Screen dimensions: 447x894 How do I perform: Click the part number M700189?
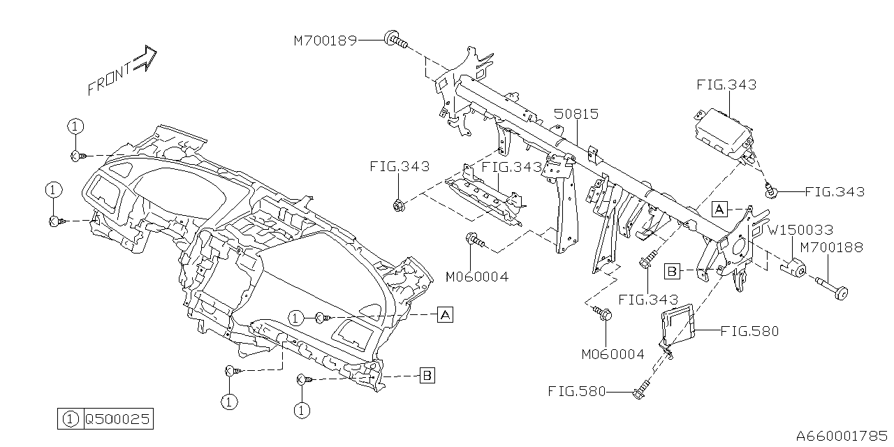325,41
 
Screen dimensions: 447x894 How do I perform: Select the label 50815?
576,114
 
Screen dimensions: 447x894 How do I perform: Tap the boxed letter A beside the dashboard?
445,315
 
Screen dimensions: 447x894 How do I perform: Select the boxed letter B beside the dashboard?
427,376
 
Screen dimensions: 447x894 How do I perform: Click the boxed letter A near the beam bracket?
720,207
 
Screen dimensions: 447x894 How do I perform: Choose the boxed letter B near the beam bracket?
672,270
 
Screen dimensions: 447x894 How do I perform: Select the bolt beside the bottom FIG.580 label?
642,391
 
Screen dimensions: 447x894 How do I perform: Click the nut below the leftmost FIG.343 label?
398,205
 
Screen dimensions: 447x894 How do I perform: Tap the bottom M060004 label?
613,354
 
